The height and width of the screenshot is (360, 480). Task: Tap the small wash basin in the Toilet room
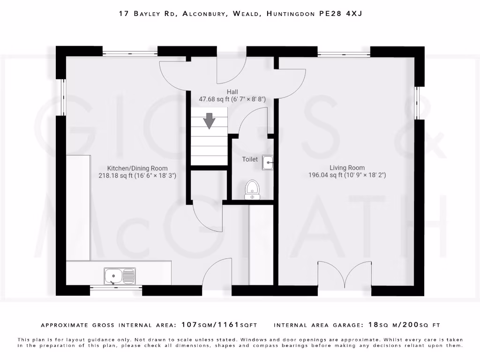(x=268, y=162)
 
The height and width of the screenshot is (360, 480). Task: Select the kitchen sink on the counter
(x=120, y=276)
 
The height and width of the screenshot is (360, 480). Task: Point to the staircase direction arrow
(x=209, y=120)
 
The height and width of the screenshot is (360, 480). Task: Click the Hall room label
(x=232, y=92)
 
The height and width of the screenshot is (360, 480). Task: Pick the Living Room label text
(x=347, y=168)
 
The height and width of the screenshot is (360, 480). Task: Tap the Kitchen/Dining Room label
(x=137, y=168)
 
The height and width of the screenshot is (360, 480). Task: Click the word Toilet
(x=250, y=159)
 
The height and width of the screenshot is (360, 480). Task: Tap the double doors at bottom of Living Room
(x=345, y=274)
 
